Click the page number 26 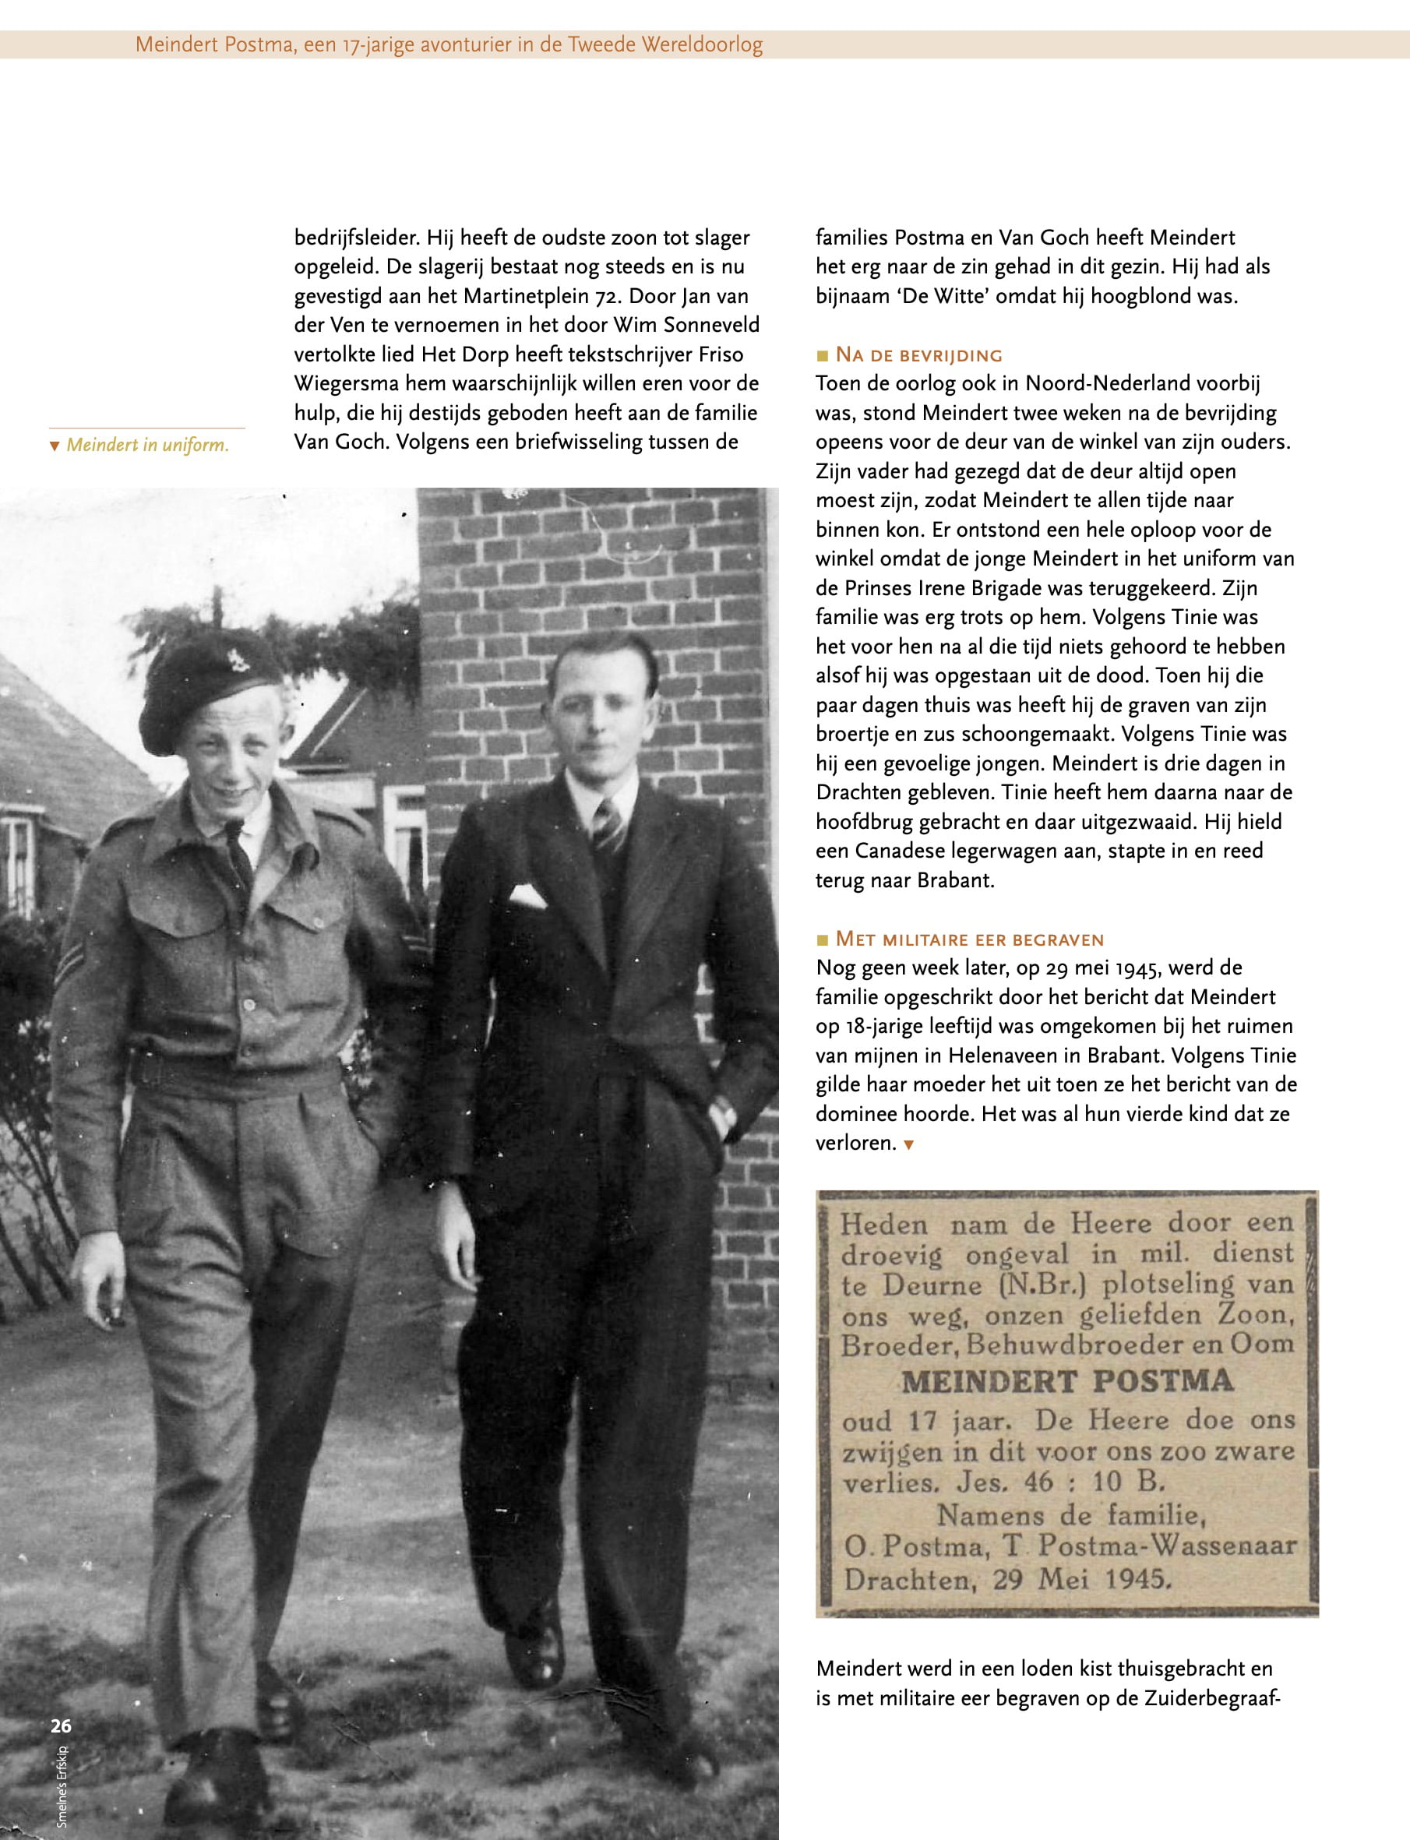(61, 1726)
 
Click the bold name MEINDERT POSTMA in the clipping (1066, 1382)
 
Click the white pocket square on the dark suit (528, 895)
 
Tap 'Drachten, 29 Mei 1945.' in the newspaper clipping (1007, 1581)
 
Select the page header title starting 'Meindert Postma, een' (449, 44)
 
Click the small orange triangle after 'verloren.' (908, 1144)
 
